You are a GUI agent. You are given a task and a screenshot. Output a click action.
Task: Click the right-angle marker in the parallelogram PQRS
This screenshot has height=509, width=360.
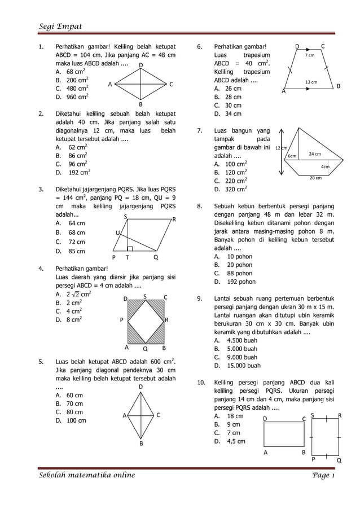pyautogui.click(x=130, y=248)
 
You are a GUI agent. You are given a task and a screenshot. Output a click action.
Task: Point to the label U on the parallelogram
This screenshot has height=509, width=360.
pyautogui.click(x=118, y=233)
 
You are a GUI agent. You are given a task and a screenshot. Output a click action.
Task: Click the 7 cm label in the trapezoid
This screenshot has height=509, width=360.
pyautogui.click(x=310, y=56)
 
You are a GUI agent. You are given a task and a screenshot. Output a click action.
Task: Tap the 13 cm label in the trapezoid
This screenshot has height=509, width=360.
pyautogui.click(x=311, y=82)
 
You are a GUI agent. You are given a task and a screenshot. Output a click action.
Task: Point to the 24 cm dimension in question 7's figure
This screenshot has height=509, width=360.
pyautogui.click(x=314, y=154)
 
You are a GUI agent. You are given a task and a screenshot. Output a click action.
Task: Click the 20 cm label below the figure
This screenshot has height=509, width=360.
pyautogui.click(x=315, y=178)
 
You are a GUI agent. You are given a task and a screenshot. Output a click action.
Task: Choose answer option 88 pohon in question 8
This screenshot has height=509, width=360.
pyautogui.click(x=232, y=273)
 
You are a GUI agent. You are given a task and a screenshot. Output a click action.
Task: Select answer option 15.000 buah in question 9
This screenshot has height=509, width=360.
pyautogui.click(x=236, y=366)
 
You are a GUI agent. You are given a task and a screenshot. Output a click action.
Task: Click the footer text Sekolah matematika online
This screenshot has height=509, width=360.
pyautogui.click(x=87, y=475)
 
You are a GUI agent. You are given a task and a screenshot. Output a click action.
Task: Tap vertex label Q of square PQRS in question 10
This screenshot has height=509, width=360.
pyautogui.click(x=339, y=460)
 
